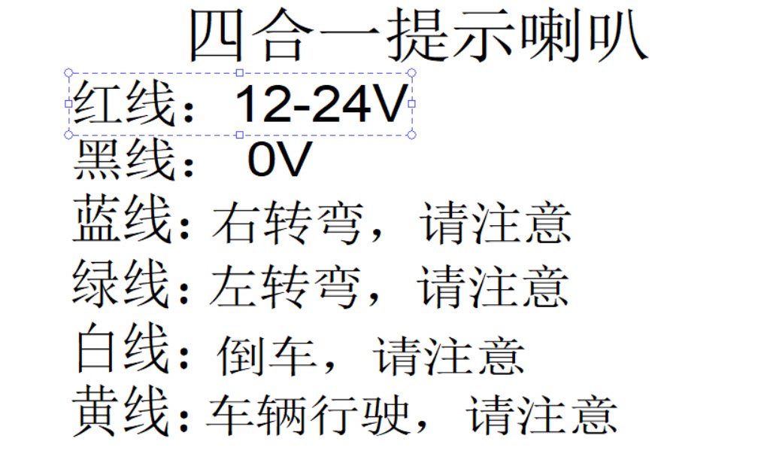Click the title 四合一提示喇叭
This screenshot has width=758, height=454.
pyautogui.click(x=417, y=36)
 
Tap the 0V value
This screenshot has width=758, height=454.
pyautogui.click(x=279, y=160)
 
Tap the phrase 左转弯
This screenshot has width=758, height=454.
pyautogui.click(x=283, y=287)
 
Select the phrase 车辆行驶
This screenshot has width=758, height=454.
pyautogui.click(x=308, y=415)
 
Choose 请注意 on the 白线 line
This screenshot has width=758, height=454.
pyautogui.click(x=449, y=353)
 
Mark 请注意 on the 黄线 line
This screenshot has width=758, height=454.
pyautogui.click(x=541, y=415)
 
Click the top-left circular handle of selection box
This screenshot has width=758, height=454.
pyautogui.click(x=69, y=73)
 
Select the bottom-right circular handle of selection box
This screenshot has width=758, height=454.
pyautogui.click(x=411, y=135)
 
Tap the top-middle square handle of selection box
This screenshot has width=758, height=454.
pyautogui.click(x=240, y=73)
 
